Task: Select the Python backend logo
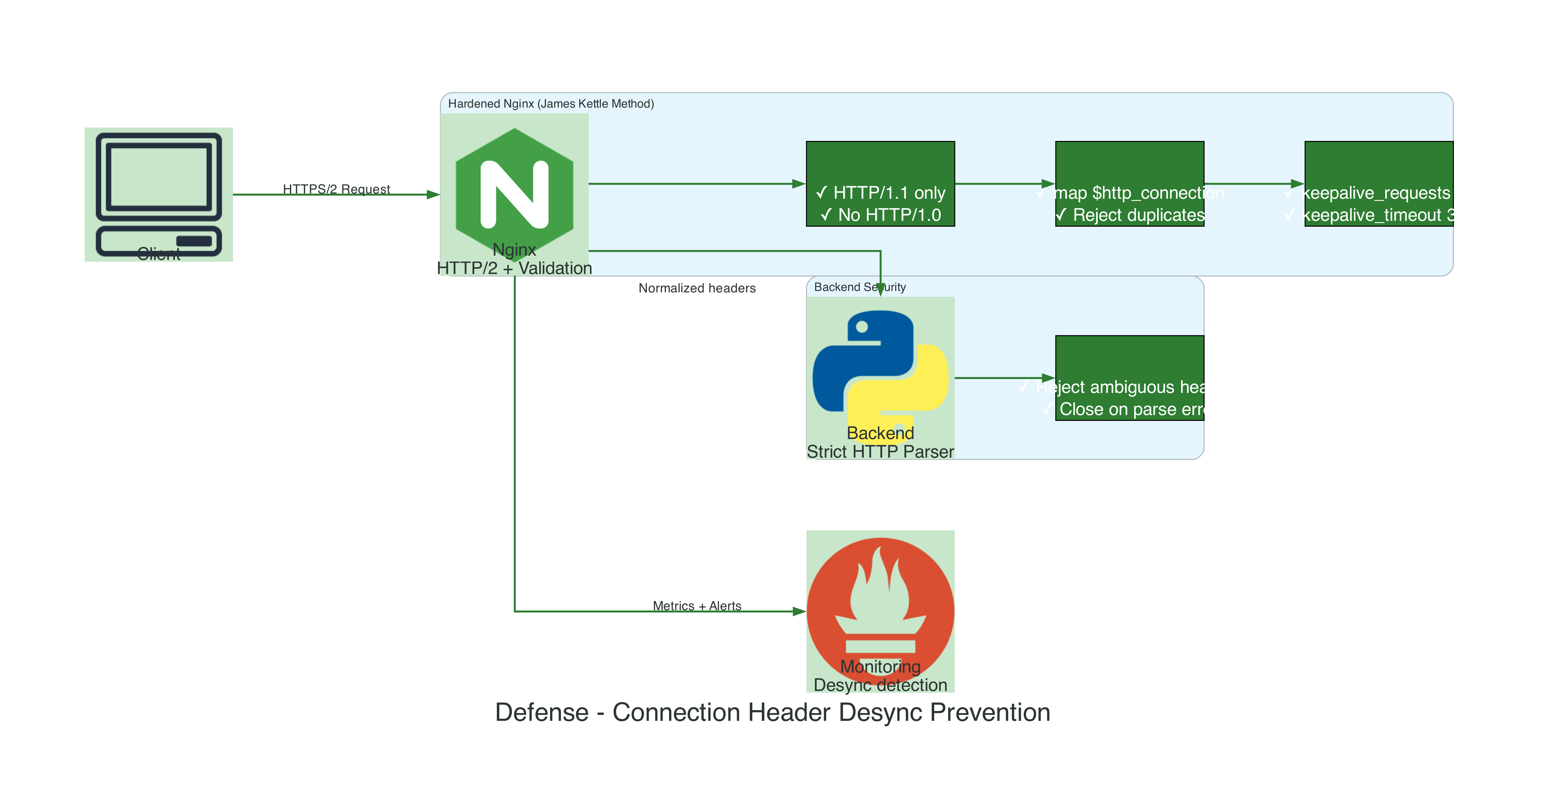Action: [x=880, y=369]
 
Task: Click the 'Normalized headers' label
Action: [x=697, y=288]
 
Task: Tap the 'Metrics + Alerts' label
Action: [x=697, y=606]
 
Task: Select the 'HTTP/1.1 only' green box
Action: [x=880, y=184]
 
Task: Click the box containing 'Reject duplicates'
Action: [x=1130, y=184]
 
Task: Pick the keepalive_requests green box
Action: [x=1379, y=184]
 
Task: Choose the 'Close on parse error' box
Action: [x=1130, y=378]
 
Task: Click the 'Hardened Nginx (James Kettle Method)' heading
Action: [x=551, y=104]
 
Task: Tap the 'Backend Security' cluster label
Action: [x=859, y=287]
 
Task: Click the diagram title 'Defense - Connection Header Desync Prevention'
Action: [x=772, y=713]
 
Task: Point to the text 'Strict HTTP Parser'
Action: [x=880, y=452]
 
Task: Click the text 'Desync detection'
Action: [x=880, y=685]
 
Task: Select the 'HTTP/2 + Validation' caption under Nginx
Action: [x=514, y=268]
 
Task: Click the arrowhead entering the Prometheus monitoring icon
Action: [x=799, y=611]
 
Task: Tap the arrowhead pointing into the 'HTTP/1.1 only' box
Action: [x=799, y=184]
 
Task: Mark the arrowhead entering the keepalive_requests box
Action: [x=1298, y=184]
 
